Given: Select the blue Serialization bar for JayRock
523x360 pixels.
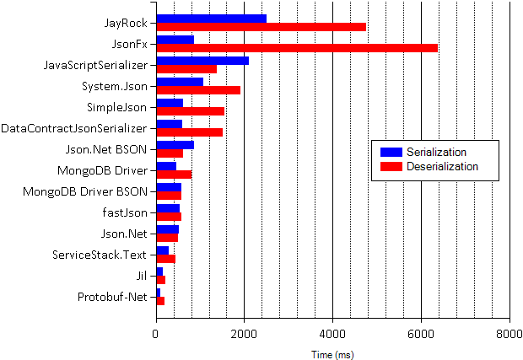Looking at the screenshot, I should click(211, 18).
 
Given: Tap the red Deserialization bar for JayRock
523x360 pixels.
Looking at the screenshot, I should click(261, 26).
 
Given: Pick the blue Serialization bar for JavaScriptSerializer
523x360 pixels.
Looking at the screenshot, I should click(202, 61).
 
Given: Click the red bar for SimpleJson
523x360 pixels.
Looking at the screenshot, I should click(190, 111).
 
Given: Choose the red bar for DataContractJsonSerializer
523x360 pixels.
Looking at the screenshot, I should click(189, 132).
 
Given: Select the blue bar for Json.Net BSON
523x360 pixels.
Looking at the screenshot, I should click(175, 145).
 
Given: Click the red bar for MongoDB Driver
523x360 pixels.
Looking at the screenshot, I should click(174, 175).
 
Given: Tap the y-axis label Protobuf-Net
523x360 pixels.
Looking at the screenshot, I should click(114, 296).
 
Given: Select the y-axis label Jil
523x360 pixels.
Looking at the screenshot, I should click(142, 275).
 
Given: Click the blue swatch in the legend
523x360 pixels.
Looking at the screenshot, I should click(391, 152).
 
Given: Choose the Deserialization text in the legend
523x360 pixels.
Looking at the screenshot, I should click(442, 167).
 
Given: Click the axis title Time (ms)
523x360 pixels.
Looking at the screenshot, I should click(332, 354).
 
